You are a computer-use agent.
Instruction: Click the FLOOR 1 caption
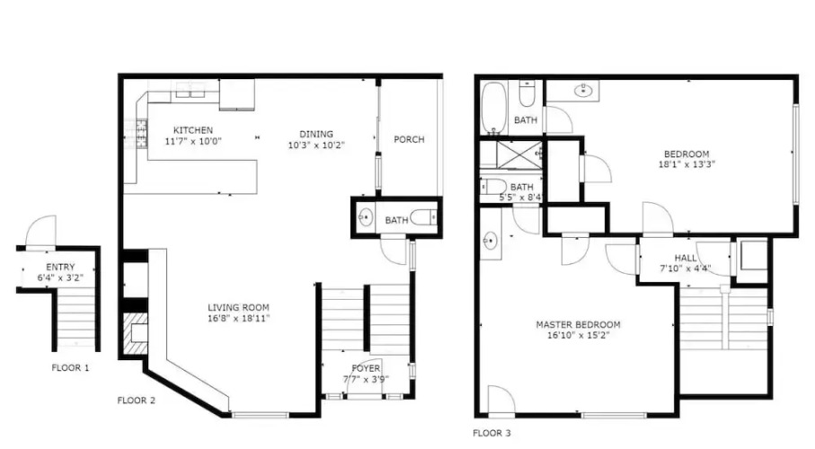click(x=70, y=368)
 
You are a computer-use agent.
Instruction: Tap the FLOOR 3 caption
click(x=492, y=433)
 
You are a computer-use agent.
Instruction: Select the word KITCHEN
click(x=193, y=130)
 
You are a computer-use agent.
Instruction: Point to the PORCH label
click(x=409, y=139)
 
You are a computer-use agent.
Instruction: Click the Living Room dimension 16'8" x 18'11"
click(x=239, y=319)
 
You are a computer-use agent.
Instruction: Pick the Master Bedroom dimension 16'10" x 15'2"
click(x=578, y=336)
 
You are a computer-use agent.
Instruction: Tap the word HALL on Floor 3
click(x=686, y=258)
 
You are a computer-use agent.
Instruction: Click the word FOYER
click(x=366, y=368)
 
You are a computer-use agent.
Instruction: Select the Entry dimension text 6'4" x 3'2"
click(x=60, y=278)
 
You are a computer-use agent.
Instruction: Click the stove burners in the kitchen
click(x=141, y=134)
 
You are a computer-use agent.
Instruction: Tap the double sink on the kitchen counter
click(x=190, y=92)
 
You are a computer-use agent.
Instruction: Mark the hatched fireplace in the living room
click(x=135, y=334)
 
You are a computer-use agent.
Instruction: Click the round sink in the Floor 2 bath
click(x=366, y=216)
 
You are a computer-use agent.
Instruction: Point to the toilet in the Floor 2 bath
click(x=423, y=217)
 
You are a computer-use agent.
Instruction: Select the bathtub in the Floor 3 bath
click(x=493, y=108)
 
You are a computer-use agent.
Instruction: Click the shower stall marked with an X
click(x=519, y=154)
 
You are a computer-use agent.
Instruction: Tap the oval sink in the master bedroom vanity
click(x=490, y=241)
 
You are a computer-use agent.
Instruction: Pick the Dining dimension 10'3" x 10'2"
click(x=316, y=145)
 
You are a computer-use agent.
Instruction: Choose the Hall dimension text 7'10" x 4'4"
click(x=686, y=269)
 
